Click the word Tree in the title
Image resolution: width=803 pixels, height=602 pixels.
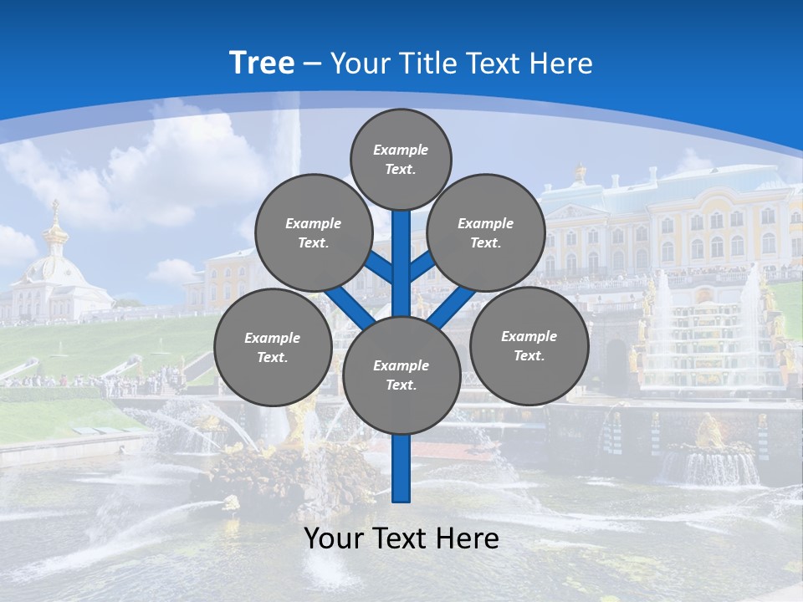262,64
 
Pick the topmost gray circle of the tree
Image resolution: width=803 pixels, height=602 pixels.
401,159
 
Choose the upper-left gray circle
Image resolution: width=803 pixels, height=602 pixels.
313,232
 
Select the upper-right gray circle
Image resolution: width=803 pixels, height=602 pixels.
485,232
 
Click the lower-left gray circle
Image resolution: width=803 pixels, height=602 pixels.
272,347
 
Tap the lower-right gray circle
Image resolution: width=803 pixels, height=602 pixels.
529,345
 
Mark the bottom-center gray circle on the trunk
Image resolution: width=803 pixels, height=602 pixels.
401,375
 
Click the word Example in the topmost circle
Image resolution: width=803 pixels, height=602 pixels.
401,150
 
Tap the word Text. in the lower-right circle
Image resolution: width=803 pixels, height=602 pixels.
529,355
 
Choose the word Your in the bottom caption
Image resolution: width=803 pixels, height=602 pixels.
332,538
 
